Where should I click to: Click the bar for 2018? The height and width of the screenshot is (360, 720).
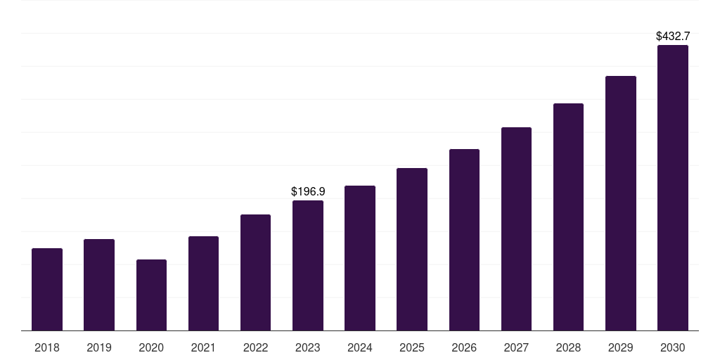point(47,289)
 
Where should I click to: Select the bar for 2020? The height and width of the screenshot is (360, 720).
point(151,295)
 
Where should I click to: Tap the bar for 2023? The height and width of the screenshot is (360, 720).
point(308,265)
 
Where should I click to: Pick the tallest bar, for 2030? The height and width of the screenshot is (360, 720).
point(672,188)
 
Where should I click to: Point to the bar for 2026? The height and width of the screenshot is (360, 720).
point(464,240)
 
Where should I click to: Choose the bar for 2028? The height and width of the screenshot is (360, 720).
point(568,217)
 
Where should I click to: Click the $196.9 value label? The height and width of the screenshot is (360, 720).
point(308,191)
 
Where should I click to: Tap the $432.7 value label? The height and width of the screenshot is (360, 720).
point(673,36)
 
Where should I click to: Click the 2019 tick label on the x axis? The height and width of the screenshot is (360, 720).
point(99,347)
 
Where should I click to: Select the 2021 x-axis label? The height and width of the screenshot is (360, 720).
point(203,347)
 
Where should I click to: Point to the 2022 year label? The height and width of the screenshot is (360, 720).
point(255,347)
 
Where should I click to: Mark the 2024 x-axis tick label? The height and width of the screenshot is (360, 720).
point(360,347)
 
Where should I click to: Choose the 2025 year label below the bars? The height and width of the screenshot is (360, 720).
point(412,347)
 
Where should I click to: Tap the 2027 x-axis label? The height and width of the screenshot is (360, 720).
point(516,347)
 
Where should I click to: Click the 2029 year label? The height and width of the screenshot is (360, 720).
point(620,347)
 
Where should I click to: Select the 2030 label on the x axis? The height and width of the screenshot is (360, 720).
point(672,347)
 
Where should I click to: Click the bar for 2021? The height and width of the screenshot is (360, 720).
point(203,283)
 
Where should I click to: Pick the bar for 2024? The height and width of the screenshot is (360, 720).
point(360,258)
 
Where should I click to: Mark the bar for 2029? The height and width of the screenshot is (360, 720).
point(620,203)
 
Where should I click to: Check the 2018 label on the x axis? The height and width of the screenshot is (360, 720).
point(47,347)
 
